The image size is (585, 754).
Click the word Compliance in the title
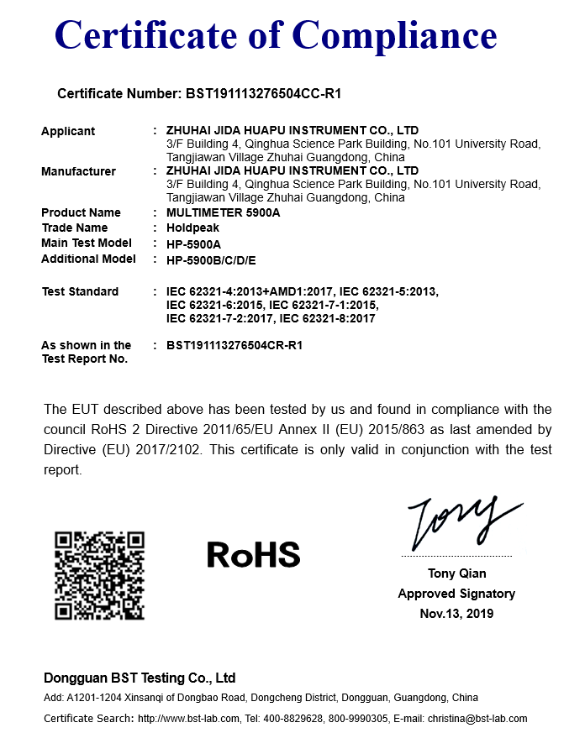pyautogui.click(x=394, y=35)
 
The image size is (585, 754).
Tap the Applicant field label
pyautogui.click(x=68, y=131)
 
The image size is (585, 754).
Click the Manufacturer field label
pyautogui.click(x=78, y=171)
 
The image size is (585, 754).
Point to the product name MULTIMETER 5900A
pyautogui.click(x=223, y=212)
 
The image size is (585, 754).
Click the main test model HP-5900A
pyautogui.click(x=193, y=243)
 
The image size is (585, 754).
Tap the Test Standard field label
pyautogui.click(x=80, y=291)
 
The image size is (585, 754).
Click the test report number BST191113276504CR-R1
pyautogui.click(x=235, y=345)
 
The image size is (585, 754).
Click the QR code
pyautogui.click(x=99, y=575)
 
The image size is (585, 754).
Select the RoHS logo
pyautogui.click(x=253, y=554)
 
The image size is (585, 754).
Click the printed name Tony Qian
pyautogui.click(x=456, y=573)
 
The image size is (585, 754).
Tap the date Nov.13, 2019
pyautogui.click(x=456, y=613)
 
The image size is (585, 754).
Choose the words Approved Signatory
pyautogui.click(x=456, y=594)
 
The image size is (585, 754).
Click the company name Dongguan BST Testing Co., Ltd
pyautogui.click(x=140, y=678)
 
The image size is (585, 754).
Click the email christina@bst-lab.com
pyautogui.click(x=477, y=718)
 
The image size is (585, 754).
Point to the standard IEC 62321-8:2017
pyautogui.click(x=327, y=318)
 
